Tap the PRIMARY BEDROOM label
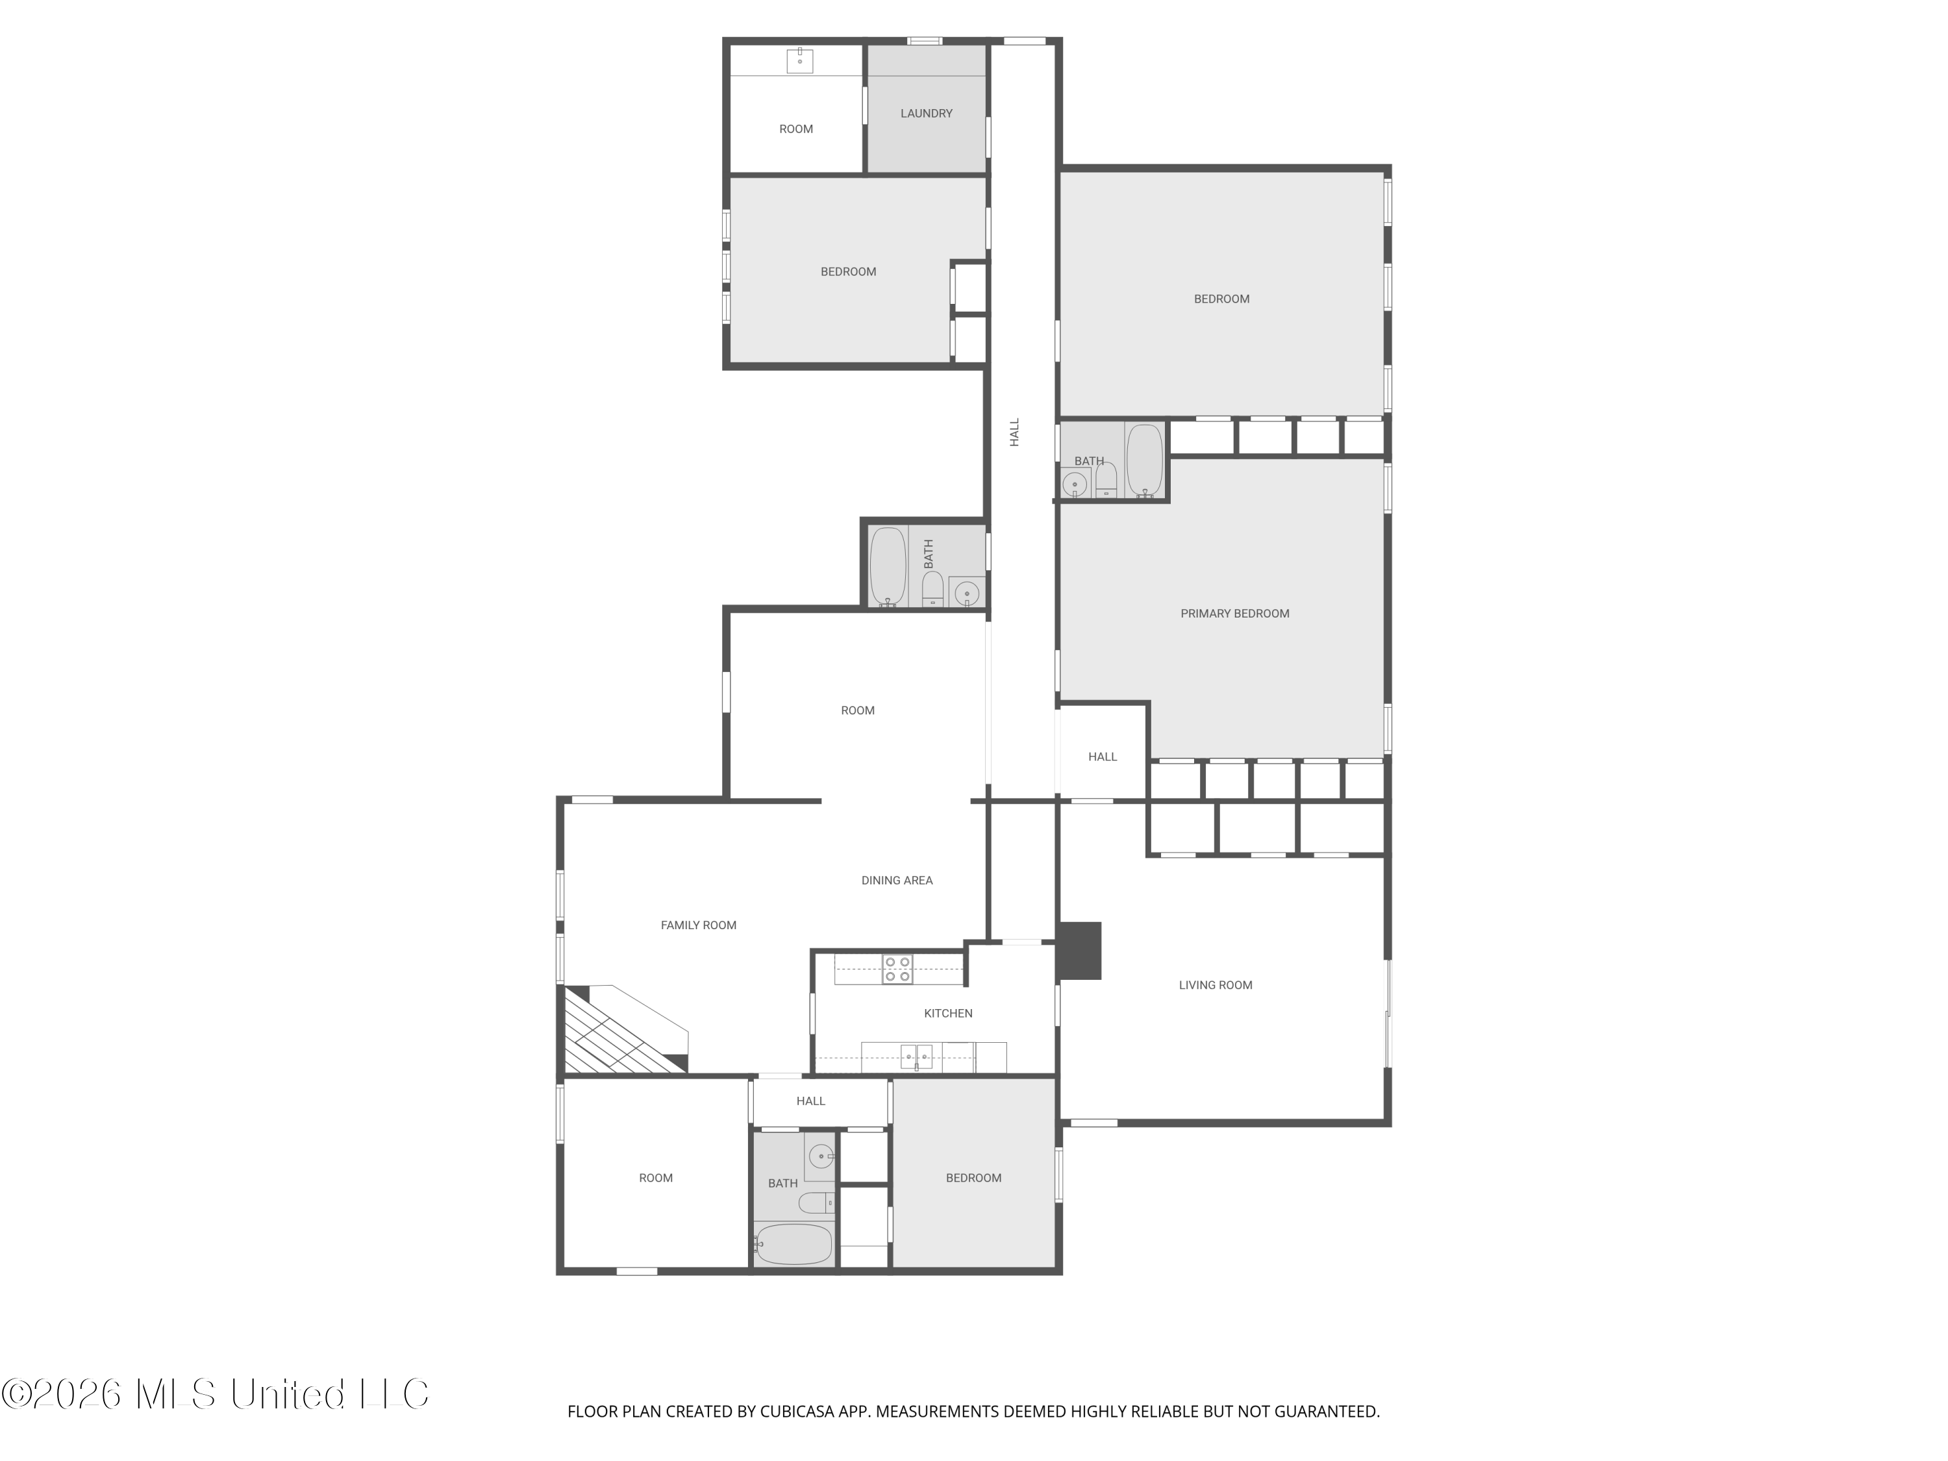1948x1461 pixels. pos(1234,614)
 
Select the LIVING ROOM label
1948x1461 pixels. pos(1216,986)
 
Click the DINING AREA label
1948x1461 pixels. pos(897,880)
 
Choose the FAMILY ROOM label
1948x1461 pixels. pos(698,925)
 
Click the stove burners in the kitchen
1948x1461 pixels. pos(897,969)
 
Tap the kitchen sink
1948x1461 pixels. pos(916,1056)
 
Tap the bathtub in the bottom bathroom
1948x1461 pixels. pos(793,1243)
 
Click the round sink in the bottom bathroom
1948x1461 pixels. pos(821,1155)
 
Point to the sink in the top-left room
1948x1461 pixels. pos(799,61)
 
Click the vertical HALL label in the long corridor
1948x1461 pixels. pos(1014,432)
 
